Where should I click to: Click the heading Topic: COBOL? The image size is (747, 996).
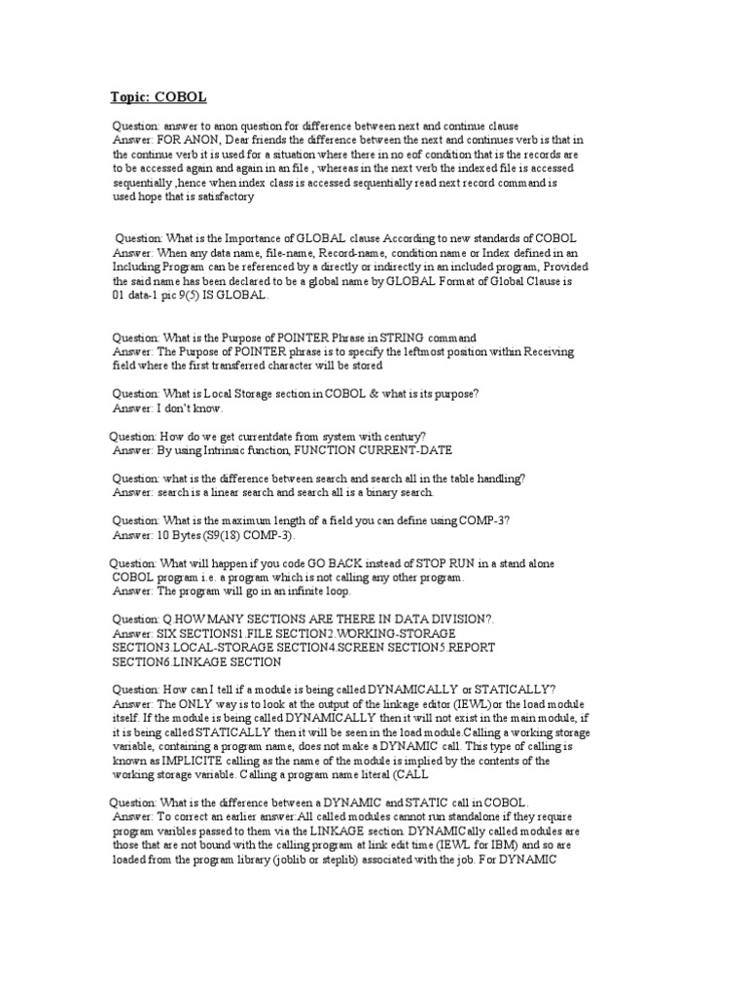pyautogui.click(x=156, y=97)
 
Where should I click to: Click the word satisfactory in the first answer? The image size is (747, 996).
pyautogui.click(x=225, y=196)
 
